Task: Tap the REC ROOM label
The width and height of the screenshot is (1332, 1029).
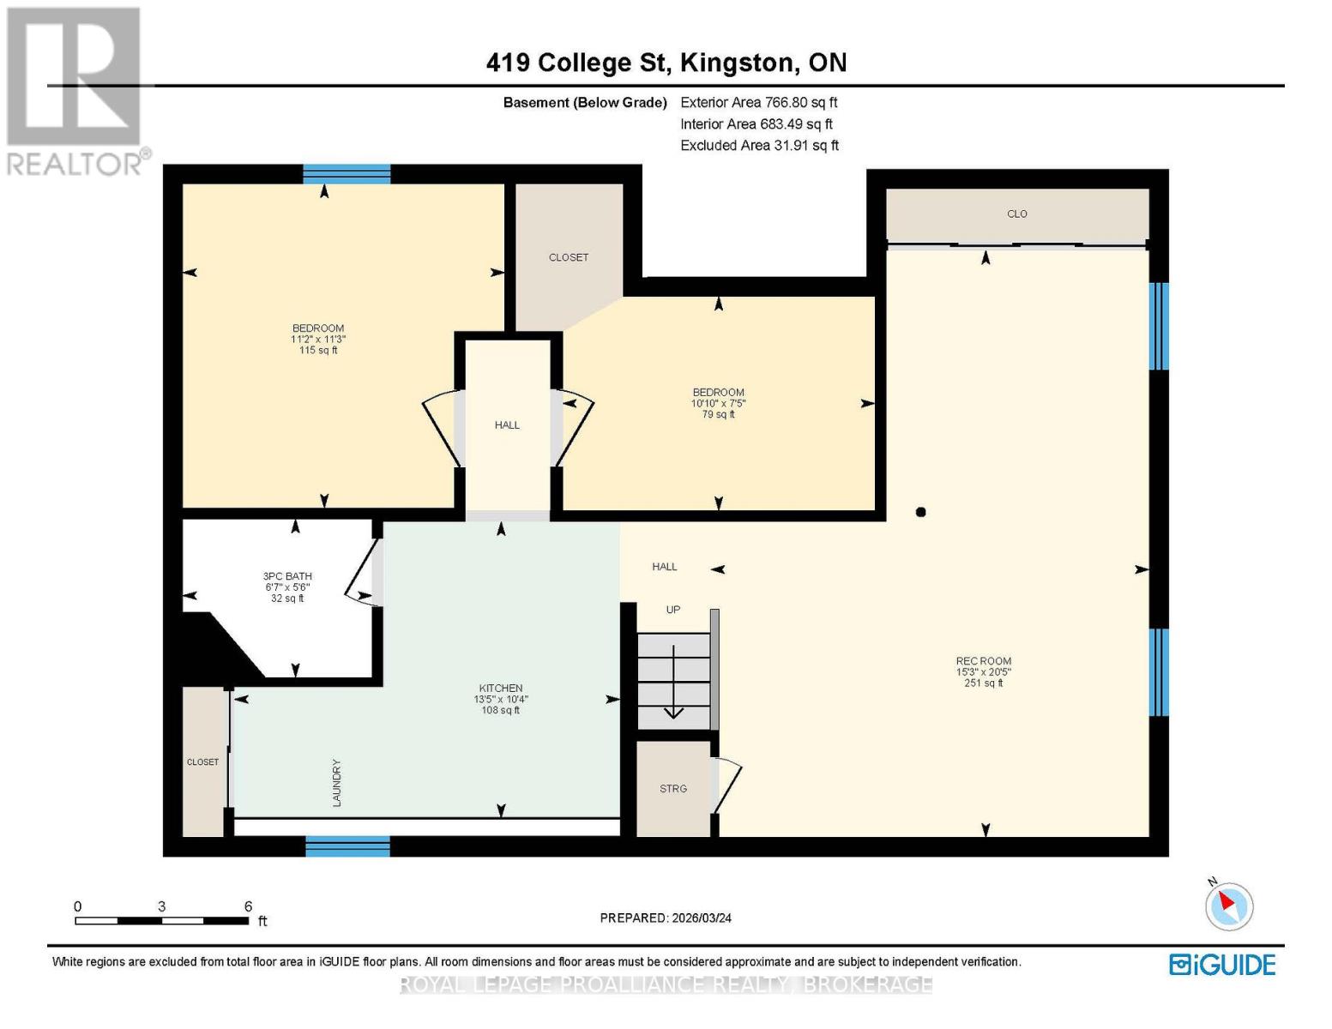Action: click(x=984, y=661)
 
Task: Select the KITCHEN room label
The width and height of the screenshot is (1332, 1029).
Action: click(x=501, y=689)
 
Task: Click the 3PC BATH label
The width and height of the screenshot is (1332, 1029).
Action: click(x=287, y=577)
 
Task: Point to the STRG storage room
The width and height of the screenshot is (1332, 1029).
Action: click(x=673, y=789)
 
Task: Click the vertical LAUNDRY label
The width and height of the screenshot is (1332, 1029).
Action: click(x=337, y=782)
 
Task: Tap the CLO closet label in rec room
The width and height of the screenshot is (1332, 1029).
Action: click(x=1017, y=214)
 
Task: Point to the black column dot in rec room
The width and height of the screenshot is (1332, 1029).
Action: click(x=921, y=513)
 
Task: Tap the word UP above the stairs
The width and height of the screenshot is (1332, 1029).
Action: click(x=673, y=610)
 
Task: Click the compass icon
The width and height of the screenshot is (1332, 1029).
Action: click(x=1229, y=906)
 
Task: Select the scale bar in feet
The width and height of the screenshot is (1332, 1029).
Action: click(x=162, y=921)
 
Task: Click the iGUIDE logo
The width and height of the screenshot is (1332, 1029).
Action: click(x=1222, y=965)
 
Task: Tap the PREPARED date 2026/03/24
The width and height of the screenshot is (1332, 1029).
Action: click(x=666, y=918)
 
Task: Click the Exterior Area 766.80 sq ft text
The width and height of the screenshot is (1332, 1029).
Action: click(x=758, y=102)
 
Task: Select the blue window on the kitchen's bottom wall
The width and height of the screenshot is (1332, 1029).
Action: click(x=348, y=847)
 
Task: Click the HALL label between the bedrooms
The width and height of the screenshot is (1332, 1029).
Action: click(x=507, y=425)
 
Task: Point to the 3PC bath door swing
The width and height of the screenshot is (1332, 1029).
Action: click(x=361, y=575)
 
